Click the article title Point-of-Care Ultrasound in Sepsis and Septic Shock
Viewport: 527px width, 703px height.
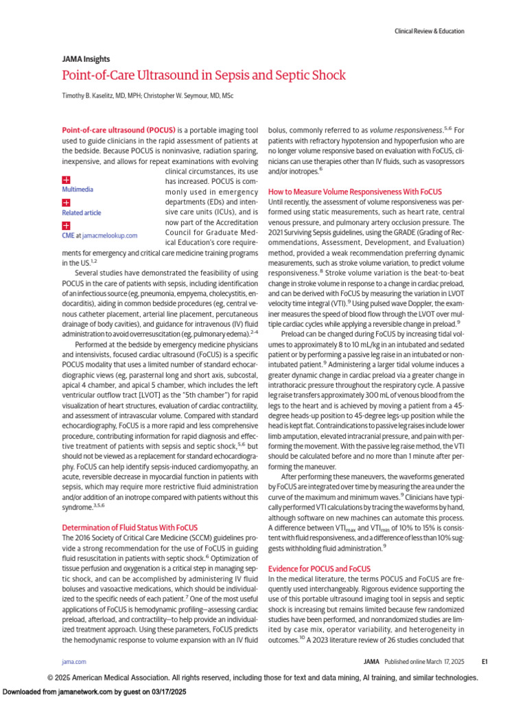pyautogui.click(x=191, y=74)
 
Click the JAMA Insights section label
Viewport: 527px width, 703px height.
pyautogui.click(x=86, y=59)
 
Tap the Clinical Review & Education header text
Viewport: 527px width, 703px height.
pyautogui.click(x=429, y=31)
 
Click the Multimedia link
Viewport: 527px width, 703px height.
pyautogui.click(x=78, y=189)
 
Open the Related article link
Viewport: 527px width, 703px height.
pyautogui.click(x=81, y=213)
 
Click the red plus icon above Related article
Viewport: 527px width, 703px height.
pyautogui.click(x=66, y=203)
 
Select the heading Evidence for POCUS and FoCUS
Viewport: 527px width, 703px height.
pyautogui.click(x=318, y=569)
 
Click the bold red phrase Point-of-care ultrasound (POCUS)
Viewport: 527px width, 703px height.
pyautogui.click(x=119, y=130)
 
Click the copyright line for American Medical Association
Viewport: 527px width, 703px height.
pyautogui.click(x=263, y=678)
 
